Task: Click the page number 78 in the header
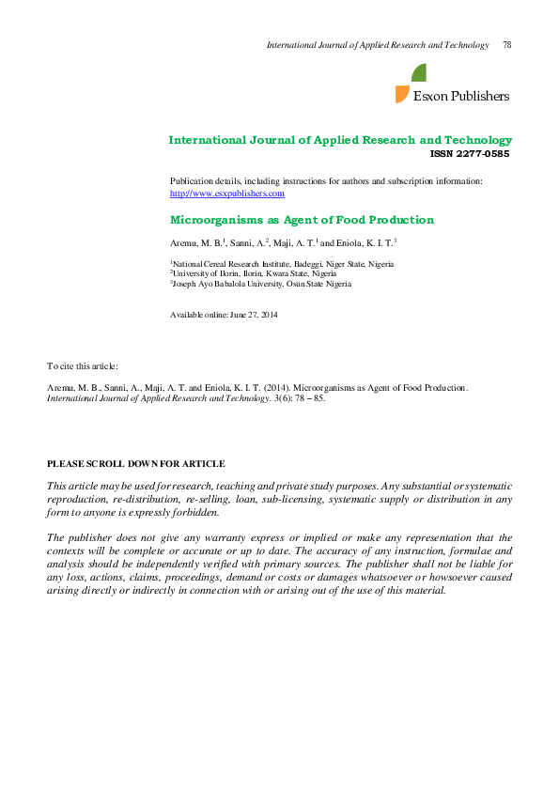tap(506, 45)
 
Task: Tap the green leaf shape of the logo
tap(419, 73)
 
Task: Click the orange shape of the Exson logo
tap(402, 93)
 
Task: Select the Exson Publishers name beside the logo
tap(461, 96)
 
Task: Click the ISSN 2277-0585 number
tap(470, 153)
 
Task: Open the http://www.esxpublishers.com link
tap(226, 193)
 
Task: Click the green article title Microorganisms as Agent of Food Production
tap(301, 220)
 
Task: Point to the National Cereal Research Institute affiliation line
tap(282, 264)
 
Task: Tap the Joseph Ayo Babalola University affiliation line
tap(261, 283)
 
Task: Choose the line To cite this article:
tap(83, 364)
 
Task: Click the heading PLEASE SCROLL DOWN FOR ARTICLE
tap(135, 464)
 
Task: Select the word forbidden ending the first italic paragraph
tap(194, 513)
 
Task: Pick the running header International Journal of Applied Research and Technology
tap(378, 45)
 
